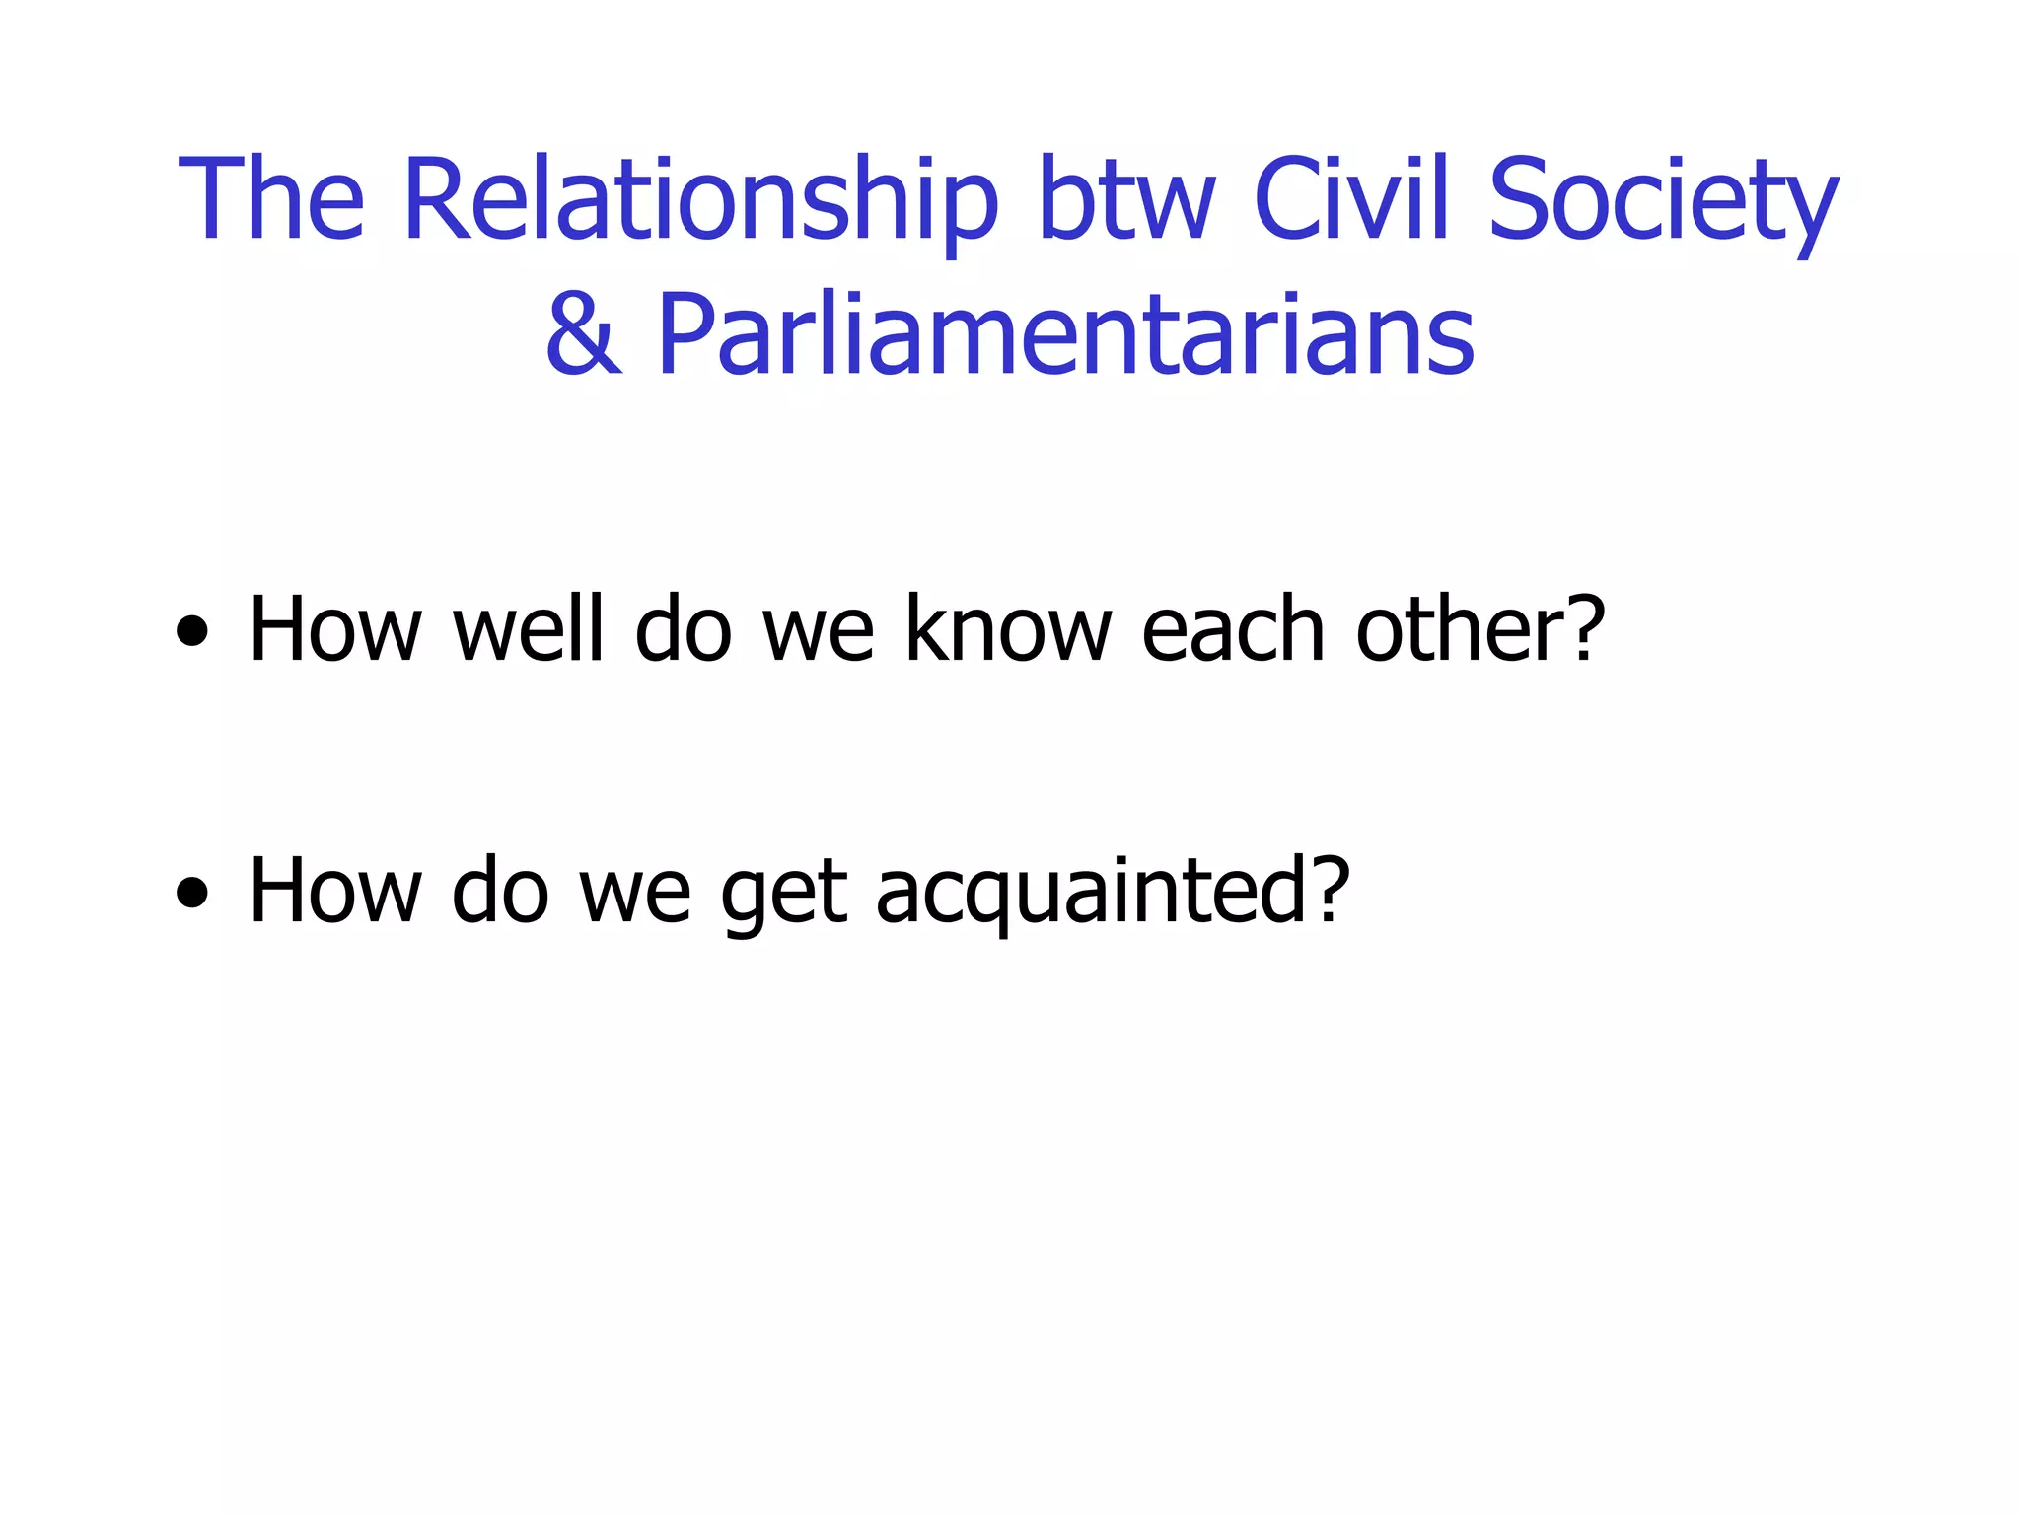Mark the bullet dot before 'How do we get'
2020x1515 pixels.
pyautogui.click(x=192, y=893)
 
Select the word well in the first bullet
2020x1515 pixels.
pyautogui.click(x=527, y=629)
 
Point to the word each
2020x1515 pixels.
pyautogui.click(x=1233, y=629)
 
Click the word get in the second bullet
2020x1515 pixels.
pyautogui.click(x=784, y=893)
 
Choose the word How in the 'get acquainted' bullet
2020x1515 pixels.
pyautogui.click(x=335, y=891)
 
